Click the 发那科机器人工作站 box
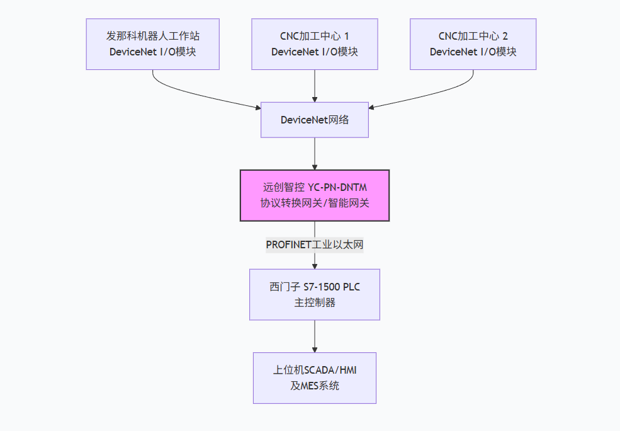152,43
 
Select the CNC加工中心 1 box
314,43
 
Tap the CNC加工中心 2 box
473,43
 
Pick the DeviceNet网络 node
314,120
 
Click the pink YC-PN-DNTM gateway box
314,195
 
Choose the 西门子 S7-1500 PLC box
314,295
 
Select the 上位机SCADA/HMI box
314,378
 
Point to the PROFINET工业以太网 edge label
314,244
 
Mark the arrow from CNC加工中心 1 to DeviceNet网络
314,85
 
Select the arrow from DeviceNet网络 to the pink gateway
314,153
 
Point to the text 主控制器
314,303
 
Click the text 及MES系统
314,386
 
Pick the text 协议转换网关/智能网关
314,203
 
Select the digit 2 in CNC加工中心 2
505,36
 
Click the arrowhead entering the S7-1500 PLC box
314,265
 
